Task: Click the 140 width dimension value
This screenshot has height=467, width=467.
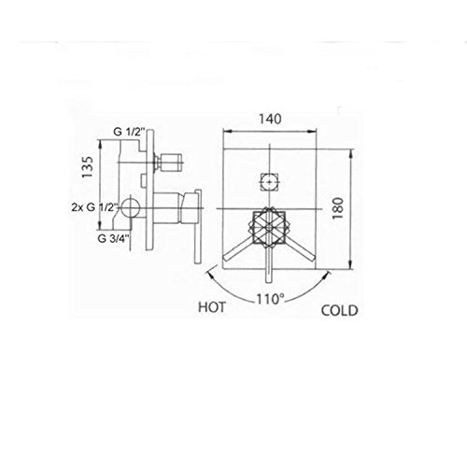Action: click(270, 119)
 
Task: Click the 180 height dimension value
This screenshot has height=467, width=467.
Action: click(338, 208)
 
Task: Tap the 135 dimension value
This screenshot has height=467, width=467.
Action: click(88, 167)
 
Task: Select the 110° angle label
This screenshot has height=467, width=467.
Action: click(270, 299)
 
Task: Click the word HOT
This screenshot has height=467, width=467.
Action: click(212, 307)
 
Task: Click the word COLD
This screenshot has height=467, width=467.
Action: click(340, 311)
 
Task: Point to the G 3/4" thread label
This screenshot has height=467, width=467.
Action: click(113, 239)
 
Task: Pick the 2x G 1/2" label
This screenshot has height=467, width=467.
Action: click(94, 207)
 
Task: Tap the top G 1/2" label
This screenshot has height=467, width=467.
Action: click(129, 132)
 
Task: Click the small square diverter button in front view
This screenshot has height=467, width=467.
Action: click(270, 181)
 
